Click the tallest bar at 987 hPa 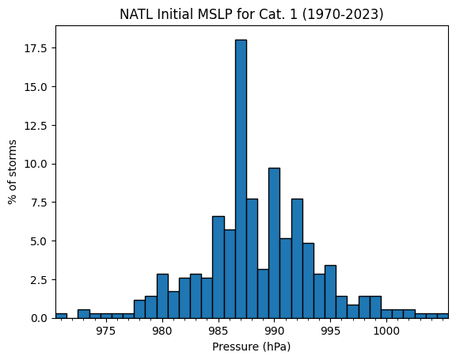[241, 179]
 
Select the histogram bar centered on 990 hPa [274, 243]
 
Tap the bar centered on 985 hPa [218, 267]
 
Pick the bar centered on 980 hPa [162, 296]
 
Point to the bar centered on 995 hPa [330, 292]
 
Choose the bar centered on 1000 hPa [386, 314]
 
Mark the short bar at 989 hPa [263, 294]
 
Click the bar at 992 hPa [297, 259]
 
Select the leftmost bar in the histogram [62, 316]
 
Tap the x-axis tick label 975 [106, 331]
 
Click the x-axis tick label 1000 [386, 331]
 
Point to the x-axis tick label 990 [274, 331]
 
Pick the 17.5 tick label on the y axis [36, 48]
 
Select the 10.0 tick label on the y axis [36, 164]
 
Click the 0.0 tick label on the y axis [39, 318]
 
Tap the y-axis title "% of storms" [12, 172]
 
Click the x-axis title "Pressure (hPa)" [252, 347]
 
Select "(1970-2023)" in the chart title [343, 14]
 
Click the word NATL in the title [136, 14]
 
